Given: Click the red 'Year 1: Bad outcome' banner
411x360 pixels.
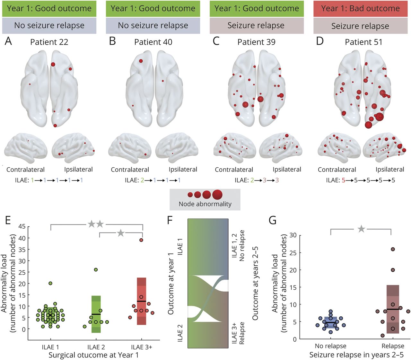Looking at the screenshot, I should tap(360, 8).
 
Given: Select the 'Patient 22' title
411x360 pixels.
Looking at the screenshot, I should tap(49, 42).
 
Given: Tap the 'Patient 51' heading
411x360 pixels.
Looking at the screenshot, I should tap(363, 42).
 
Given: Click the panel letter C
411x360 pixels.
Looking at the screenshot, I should tap(216, 41).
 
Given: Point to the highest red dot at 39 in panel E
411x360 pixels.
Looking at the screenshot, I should tap(141, 240).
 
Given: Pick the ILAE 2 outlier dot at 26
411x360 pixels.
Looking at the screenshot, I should tap(96, 270).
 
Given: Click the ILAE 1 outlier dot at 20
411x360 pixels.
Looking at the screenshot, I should tap(51, 283).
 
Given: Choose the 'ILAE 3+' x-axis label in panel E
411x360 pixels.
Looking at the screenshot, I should tap(141, 347).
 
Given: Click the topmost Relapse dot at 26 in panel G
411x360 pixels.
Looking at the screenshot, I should tap(392, 249).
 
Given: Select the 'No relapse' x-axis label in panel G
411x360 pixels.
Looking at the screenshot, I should tap(331, 346).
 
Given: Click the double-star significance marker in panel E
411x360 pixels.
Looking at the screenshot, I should tap(96, 224).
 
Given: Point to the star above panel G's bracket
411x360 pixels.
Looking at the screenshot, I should tap(361, 229).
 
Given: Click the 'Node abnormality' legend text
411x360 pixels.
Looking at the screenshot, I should tap(205, 204).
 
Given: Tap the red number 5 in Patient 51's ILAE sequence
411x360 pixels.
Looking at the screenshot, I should tap(343, 180).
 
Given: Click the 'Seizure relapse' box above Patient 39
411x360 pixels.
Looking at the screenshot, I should tap(256, 26).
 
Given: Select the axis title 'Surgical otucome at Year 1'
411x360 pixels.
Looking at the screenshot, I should tap(93, 355).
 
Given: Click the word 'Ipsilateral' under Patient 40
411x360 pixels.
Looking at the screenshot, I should tap(183, 170).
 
